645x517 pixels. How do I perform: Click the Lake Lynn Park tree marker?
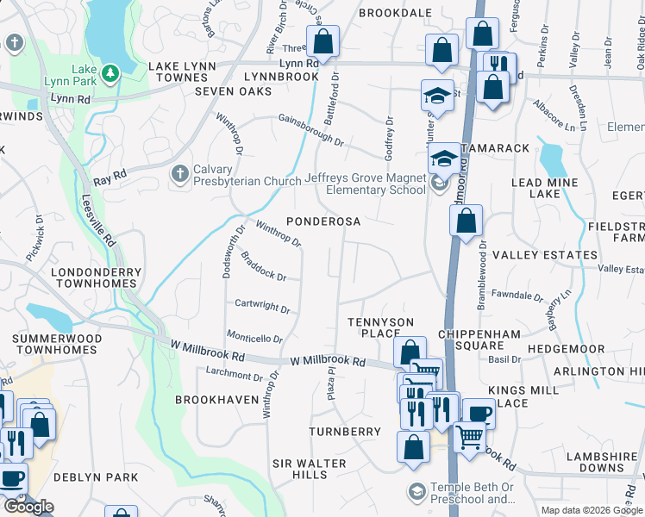pos(110,73)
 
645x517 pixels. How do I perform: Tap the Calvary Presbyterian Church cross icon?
pos(179,174)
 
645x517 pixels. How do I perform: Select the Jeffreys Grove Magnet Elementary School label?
pos(365,184)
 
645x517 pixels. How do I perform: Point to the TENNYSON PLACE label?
pos(380,327)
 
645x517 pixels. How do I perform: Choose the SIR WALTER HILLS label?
pos(310,469)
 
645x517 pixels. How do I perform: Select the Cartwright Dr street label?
pos(262,305)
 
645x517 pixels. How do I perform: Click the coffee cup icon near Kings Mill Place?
pos(479,413)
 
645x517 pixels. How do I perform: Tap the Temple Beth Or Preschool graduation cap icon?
pos(416,491)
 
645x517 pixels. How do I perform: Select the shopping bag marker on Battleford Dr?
pos(322,40)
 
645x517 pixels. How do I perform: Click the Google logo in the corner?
pos(28,507)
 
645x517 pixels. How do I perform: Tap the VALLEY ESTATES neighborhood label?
pos(544,255)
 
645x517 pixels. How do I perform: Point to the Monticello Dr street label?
pos(254,338)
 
